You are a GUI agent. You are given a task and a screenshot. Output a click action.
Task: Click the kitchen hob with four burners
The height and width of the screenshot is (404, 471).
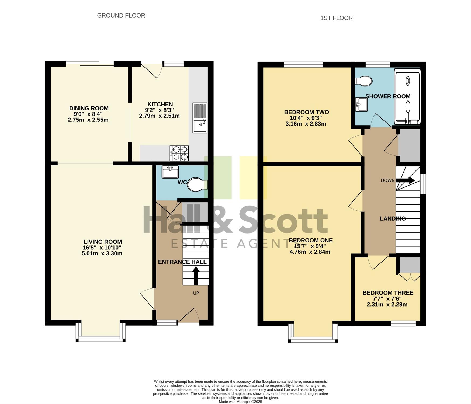point(179,153)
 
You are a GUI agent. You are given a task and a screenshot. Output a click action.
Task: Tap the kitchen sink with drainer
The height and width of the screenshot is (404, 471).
point(200,118)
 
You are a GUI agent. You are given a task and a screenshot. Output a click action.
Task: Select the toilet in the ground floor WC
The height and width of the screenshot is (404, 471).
point(198,185)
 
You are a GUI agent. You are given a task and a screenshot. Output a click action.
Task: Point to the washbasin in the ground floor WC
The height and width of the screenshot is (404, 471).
point(170,172)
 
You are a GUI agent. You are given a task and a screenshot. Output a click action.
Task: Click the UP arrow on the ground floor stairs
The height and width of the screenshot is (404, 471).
point(196,276)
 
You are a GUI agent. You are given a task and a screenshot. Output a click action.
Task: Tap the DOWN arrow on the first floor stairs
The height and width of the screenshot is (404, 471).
point(405,180)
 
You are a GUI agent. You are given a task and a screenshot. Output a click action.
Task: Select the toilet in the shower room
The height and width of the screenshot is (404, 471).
point(363,81)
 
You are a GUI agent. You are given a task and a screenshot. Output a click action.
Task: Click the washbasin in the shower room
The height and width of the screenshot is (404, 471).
point(361,104)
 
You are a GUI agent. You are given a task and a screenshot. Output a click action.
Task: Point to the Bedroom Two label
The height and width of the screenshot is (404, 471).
point(306,112)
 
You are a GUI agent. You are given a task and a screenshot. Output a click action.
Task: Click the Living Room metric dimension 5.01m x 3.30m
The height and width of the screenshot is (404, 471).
point(102,253)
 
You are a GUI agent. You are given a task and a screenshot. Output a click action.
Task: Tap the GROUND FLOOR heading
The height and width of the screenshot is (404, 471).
point(121,16)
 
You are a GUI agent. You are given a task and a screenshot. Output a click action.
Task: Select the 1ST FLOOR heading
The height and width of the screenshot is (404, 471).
point(337,18)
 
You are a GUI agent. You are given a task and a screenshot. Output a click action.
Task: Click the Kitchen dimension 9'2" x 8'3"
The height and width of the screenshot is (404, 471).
point(159,110)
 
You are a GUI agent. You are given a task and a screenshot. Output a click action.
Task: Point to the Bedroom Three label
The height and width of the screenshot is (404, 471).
point(388,293)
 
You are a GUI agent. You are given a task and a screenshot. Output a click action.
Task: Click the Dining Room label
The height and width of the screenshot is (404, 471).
point(89,108)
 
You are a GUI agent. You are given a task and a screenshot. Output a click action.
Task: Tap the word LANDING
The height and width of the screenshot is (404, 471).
point(393,219)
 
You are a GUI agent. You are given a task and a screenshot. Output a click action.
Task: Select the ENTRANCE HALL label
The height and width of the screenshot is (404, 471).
point(182,262)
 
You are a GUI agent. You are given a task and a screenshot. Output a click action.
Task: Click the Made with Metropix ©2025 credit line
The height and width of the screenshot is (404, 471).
point(240,402)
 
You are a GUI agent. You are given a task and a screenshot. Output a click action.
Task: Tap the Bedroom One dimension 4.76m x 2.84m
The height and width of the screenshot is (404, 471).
point(310,252)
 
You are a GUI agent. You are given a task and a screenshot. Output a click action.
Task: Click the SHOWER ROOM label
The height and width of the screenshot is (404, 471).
point(388,96)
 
